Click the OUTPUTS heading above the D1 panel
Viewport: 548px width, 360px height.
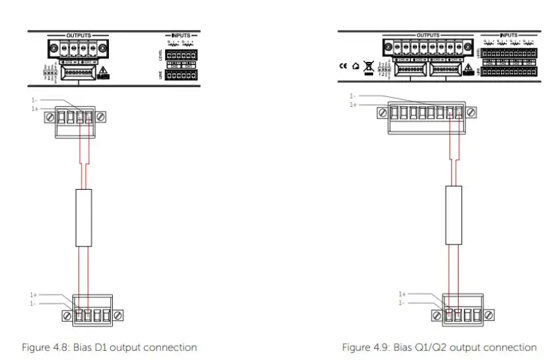(78, 34)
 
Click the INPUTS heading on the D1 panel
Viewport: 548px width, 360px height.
(179, 34)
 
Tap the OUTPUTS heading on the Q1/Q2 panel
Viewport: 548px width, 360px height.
(428, 34)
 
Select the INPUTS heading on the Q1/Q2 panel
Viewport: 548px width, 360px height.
(509, 34)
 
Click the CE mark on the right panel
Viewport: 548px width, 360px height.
(342, 65)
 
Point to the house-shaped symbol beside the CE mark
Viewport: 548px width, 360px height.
(355, 65)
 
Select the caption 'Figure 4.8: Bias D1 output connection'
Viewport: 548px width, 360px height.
(109, 347)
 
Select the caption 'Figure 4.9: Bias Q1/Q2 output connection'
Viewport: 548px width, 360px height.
(439, 347)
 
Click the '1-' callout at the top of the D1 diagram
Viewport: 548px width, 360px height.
(34, 99)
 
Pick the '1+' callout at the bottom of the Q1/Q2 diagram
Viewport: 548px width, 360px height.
(403, 295)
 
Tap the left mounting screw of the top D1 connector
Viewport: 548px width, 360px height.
(50, 117)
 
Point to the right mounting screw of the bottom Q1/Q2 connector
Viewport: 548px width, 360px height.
(489, 316)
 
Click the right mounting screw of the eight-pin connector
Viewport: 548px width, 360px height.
(471, 112)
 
